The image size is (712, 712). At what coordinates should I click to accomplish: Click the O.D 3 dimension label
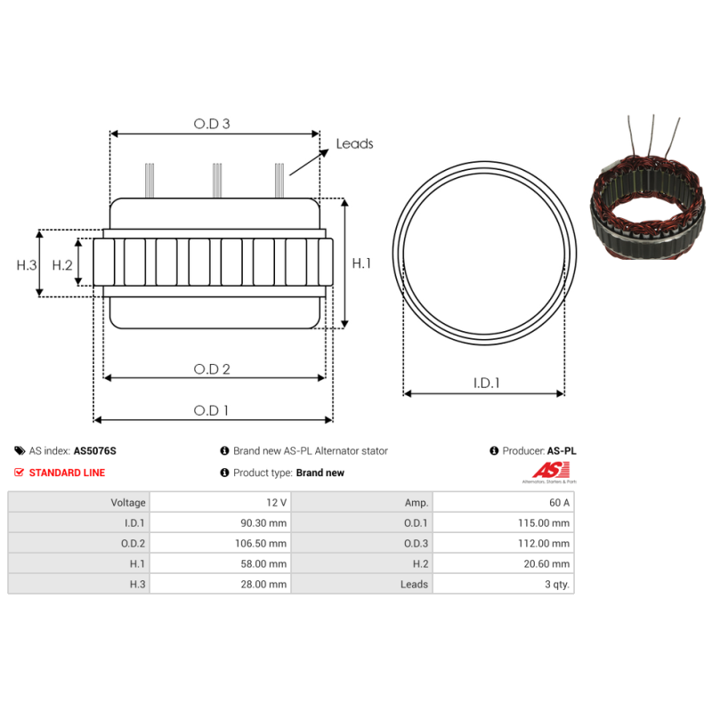click(x=212, y=124)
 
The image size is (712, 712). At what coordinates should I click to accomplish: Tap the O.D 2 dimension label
click(x=212, y=368)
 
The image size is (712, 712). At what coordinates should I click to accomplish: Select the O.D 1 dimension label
click(x=211, y=410)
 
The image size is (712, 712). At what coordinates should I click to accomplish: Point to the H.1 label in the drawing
click(x=361, y=263)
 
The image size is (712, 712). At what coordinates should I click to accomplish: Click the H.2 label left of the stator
click(x=62, y=264)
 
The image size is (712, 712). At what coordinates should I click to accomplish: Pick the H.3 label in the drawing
click(x=27, y=264)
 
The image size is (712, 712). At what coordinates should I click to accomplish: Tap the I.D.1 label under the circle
click(x=486, y=384)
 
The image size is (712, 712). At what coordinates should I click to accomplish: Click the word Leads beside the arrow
click(x=354, y=144)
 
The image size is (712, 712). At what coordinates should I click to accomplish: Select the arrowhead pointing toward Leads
click(x=324, y=152)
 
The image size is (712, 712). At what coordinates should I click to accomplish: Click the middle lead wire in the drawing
click(x=217, y=181)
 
